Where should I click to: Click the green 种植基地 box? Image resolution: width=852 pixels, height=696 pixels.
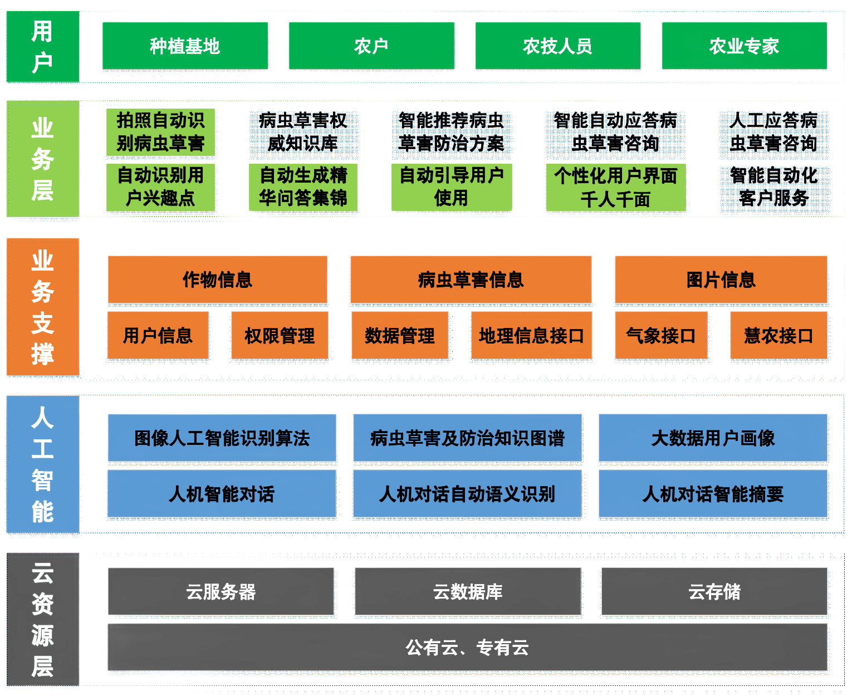click(185, 46)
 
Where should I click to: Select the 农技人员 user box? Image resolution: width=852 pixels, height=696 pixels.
click(557, 46)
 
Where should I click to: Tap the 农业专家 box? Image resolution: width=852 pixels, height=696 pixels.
click(744, 46)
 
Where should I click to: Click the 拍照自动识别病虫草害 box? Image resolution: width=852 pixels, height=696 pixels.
click(160, 132)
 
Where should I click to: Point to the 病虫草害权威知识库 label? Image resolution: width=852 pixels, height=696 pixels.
click(303, 132)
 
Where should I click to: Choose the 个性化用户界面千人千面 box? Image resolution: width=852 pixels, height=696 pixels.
click(615, 187)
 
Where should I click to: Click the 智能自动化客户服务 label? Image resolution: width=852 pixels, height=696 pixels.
click(773, 187)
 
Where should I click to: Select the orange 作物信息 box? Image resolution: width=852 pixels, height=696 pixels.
click(217, 280)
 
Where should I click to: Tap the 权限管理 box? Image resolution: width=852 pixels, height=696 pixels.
click(280, 335)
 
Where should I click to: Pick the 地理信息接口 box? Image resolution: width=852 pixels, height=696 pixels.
click(531, 335)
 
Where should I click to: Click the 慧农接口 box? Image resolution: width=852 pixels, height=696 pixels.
click(778, 335)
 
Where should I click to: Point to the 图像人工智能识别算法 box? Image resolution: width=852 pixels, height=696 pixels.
click(222, 438)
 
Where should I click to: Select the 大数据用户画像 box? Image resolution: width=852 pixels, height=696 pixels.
click(713, 438)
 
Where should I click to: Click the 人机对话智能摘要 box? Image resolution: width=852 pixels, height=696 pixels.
click(713, 493)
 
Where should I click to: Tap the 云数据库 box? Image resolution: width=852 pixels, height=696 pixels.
click(468, 591)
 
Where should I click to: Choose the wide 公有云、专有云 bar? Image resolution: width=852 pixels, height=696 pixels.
click(467, 647)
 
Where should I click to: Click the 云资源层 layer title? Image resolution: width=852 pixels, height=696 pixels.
click(42, 619)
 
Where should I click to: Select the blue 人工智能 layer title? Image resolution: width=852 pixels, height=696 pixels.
click(42, 464)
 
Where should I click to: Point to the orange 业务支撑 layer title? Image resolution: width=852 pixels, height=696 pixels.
click(42, 307)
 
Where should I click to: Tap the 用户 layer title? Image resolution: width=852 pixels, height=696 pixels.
click(42, 46)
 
